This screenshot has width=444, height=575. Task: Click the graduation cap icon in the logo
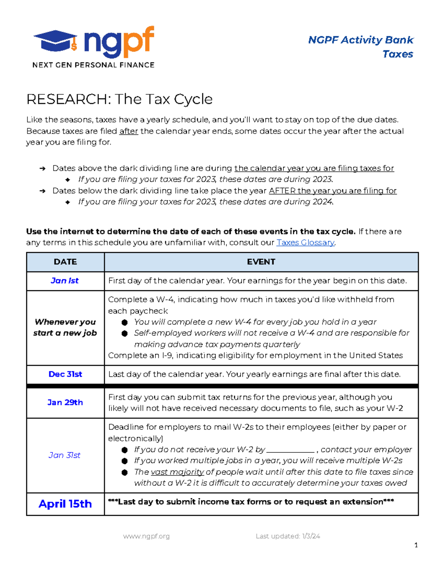click(x=55, y=41)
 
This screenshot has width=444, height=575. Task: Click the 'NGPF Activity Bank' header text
click(x=361, y=40)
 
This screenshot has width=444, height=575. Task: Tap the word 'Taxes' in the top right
click(x=398, y=54)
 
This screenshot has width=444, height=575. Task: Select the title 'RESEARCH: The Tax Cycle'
click(x=120, y=99)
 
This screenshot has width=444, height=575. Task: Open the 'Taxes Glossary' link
click(x=305, y=243)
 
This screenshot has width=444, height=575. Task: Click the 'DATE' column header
click(x=65, y=262)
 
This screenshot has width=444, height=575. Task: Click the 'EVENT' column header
click(x=261, y=262)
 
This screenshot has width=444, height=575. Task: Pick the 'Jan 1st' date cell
click(x=65, y=281)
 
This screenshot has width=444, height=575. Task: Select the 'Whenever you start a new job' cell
click(x=65, y=327)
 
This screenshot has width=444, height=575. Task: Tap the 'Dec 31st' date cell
click(x=65, y=374)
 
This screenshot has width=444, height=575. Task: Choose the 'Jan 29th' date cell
click(x=65, y=402)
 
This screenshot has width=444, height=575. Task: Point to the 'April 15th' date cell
click(x=65, y=504)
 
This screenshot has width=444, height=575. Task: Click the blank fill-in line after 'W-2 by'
click(x=290, y=450)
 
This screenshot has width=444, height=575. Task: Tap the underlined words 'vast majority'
click(x=177, y=472)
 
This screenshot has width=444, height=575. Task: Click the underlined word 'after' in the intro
click(x=128, y=131)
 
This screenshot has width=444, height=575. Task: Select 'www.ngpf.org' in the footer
click(x=147, y=536)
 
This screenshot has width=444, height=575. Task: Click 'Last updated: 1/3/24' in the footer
click(x=288, y=536)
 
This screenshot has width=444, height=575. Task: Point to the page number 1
click(x=416, y=545)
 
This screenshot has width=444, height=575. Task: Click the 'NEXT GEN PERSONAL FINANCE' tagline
click(x=93, y=65)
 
